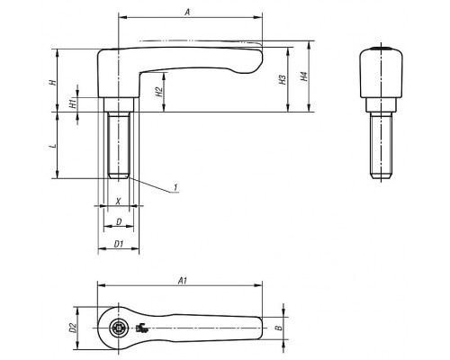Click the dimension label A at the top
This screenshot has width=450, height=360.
[187, 12]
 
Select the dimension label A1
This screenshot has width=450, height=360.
[183, 281]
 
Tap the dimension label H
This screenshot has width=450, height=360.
[53, 82]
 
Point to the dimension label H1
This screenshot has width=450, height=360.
[72, 104]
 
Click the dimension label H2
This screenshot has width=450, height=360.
[159, 92]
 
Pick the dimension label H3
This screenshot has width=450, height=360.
[283, 79]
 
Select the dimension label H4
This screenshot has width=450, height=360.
[303, 76]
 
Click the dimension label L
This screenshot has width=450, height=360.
[53, 146]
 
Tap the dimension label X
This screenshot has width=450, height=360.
[119, 201]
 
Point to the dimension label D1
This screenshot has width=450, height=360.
[119, 244]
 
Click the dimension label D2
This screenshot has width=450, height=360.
[72, 328]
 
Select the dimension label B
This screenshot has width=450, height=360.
[279, 328]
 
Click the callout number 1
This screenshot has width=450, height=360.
[175, 187]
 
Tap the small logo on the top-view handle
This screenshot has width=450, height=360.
[142, 328]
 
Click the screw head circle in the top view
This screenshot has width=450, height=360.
[119, 328]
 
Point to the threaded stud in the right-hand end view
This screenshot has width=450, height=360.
[381, 145]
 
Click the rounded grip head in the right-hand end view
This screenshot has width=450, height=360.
[381, 73]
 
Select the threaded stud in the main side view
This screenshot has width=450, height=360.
[119, 145]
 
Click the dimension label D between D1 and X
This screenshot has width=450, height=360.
[119, 221]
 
